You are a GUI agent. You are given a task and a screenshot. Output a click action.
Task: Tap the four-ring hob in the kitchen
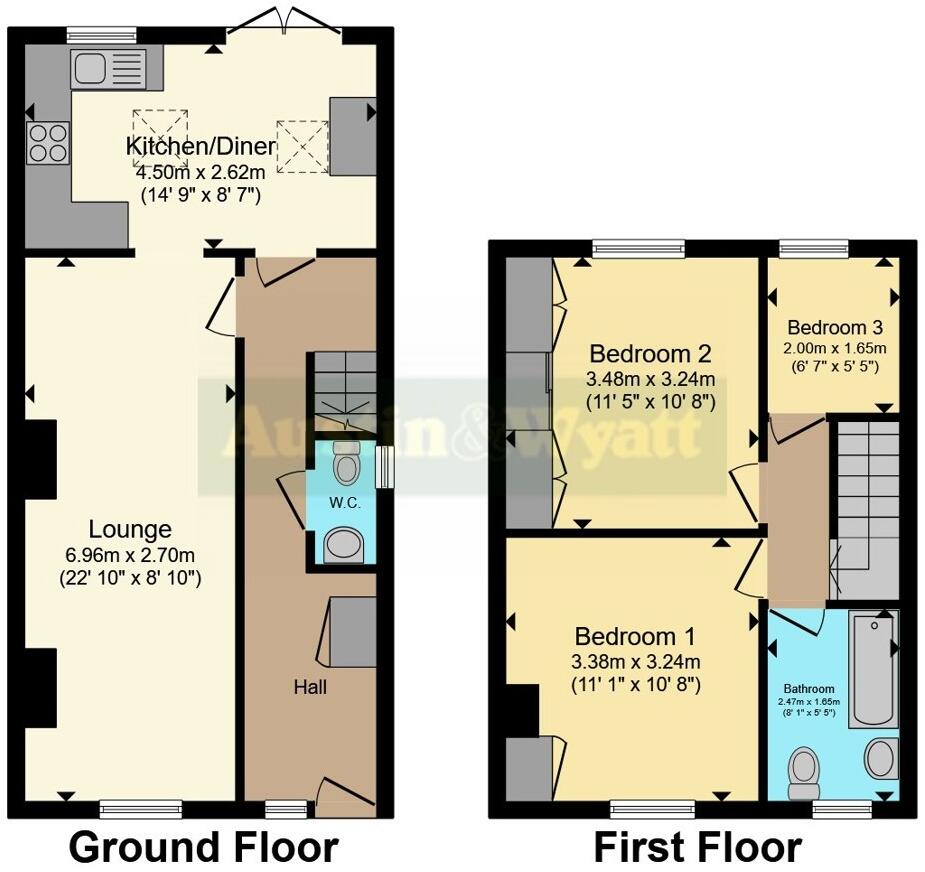[48, 142]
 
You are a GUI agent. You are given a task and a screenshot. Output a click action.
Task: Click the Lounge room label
[130, 530]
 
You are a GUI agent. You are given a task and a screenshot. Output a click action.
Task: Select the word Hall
[310, 687]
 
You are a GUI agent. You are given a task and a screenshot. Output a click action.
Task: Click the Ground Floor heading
[203, 847]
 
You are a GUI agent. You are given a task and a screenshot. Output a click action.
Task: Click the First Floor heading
[698, 847]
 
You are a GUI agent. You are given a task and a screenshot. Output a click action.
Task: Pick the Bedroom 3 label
[834, 328]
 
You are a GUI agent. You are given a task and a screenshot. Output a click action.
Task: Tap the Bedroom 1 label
[635, 637]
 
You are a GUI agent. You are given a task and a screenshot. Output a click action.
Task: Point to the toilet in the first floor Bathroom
[804, 772]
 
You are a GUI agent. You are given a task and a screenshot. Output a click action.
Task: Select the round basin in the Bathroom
[880, 759]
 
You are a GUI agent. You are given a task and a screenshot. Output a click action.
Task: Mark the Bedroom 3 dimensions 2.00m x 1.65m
[835, 348]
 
